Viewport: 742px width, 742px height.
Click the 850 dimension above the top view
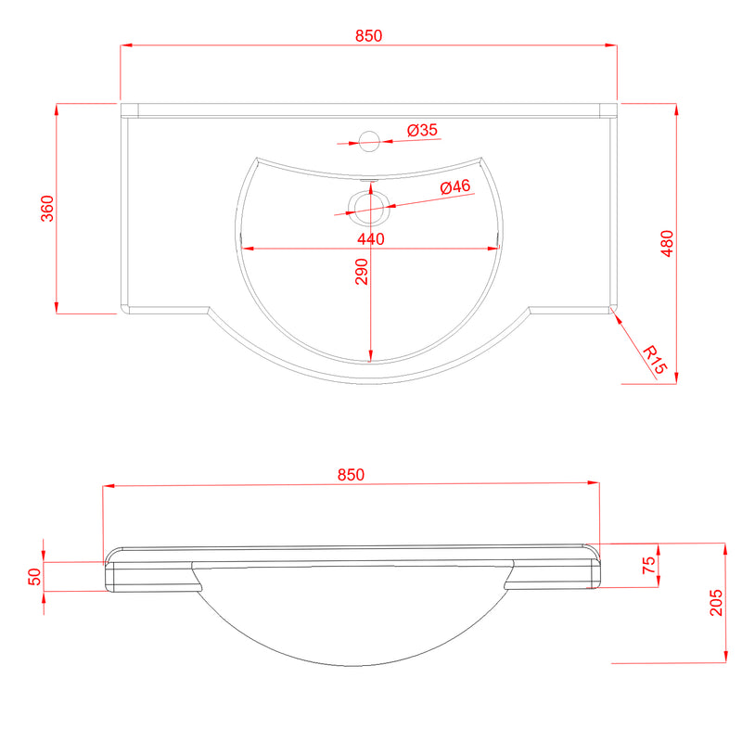click(x=368, y=36)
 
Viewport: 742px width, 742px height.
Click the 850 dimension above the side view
click(x=351, y=475)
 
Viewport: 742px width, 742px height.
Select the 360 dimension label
click(x=47, y=208)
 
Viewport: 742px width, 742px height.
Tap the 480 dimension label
click(x=667, y=243)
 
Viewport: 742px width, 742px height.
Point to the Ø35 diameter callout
click(x=423, y=130)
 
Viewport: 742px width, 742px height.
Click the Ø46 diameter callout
click(x=455, y=186)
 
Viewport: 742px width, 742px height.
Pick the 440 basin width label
click(x=371, y=239)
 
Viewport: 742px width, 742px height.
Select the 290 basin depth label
click(x=362, y=272)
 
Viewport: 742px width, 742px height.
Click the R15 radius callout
click(x=655, y=360)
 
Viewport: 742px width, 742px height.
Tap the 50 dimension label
click(x=35, y=576)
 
